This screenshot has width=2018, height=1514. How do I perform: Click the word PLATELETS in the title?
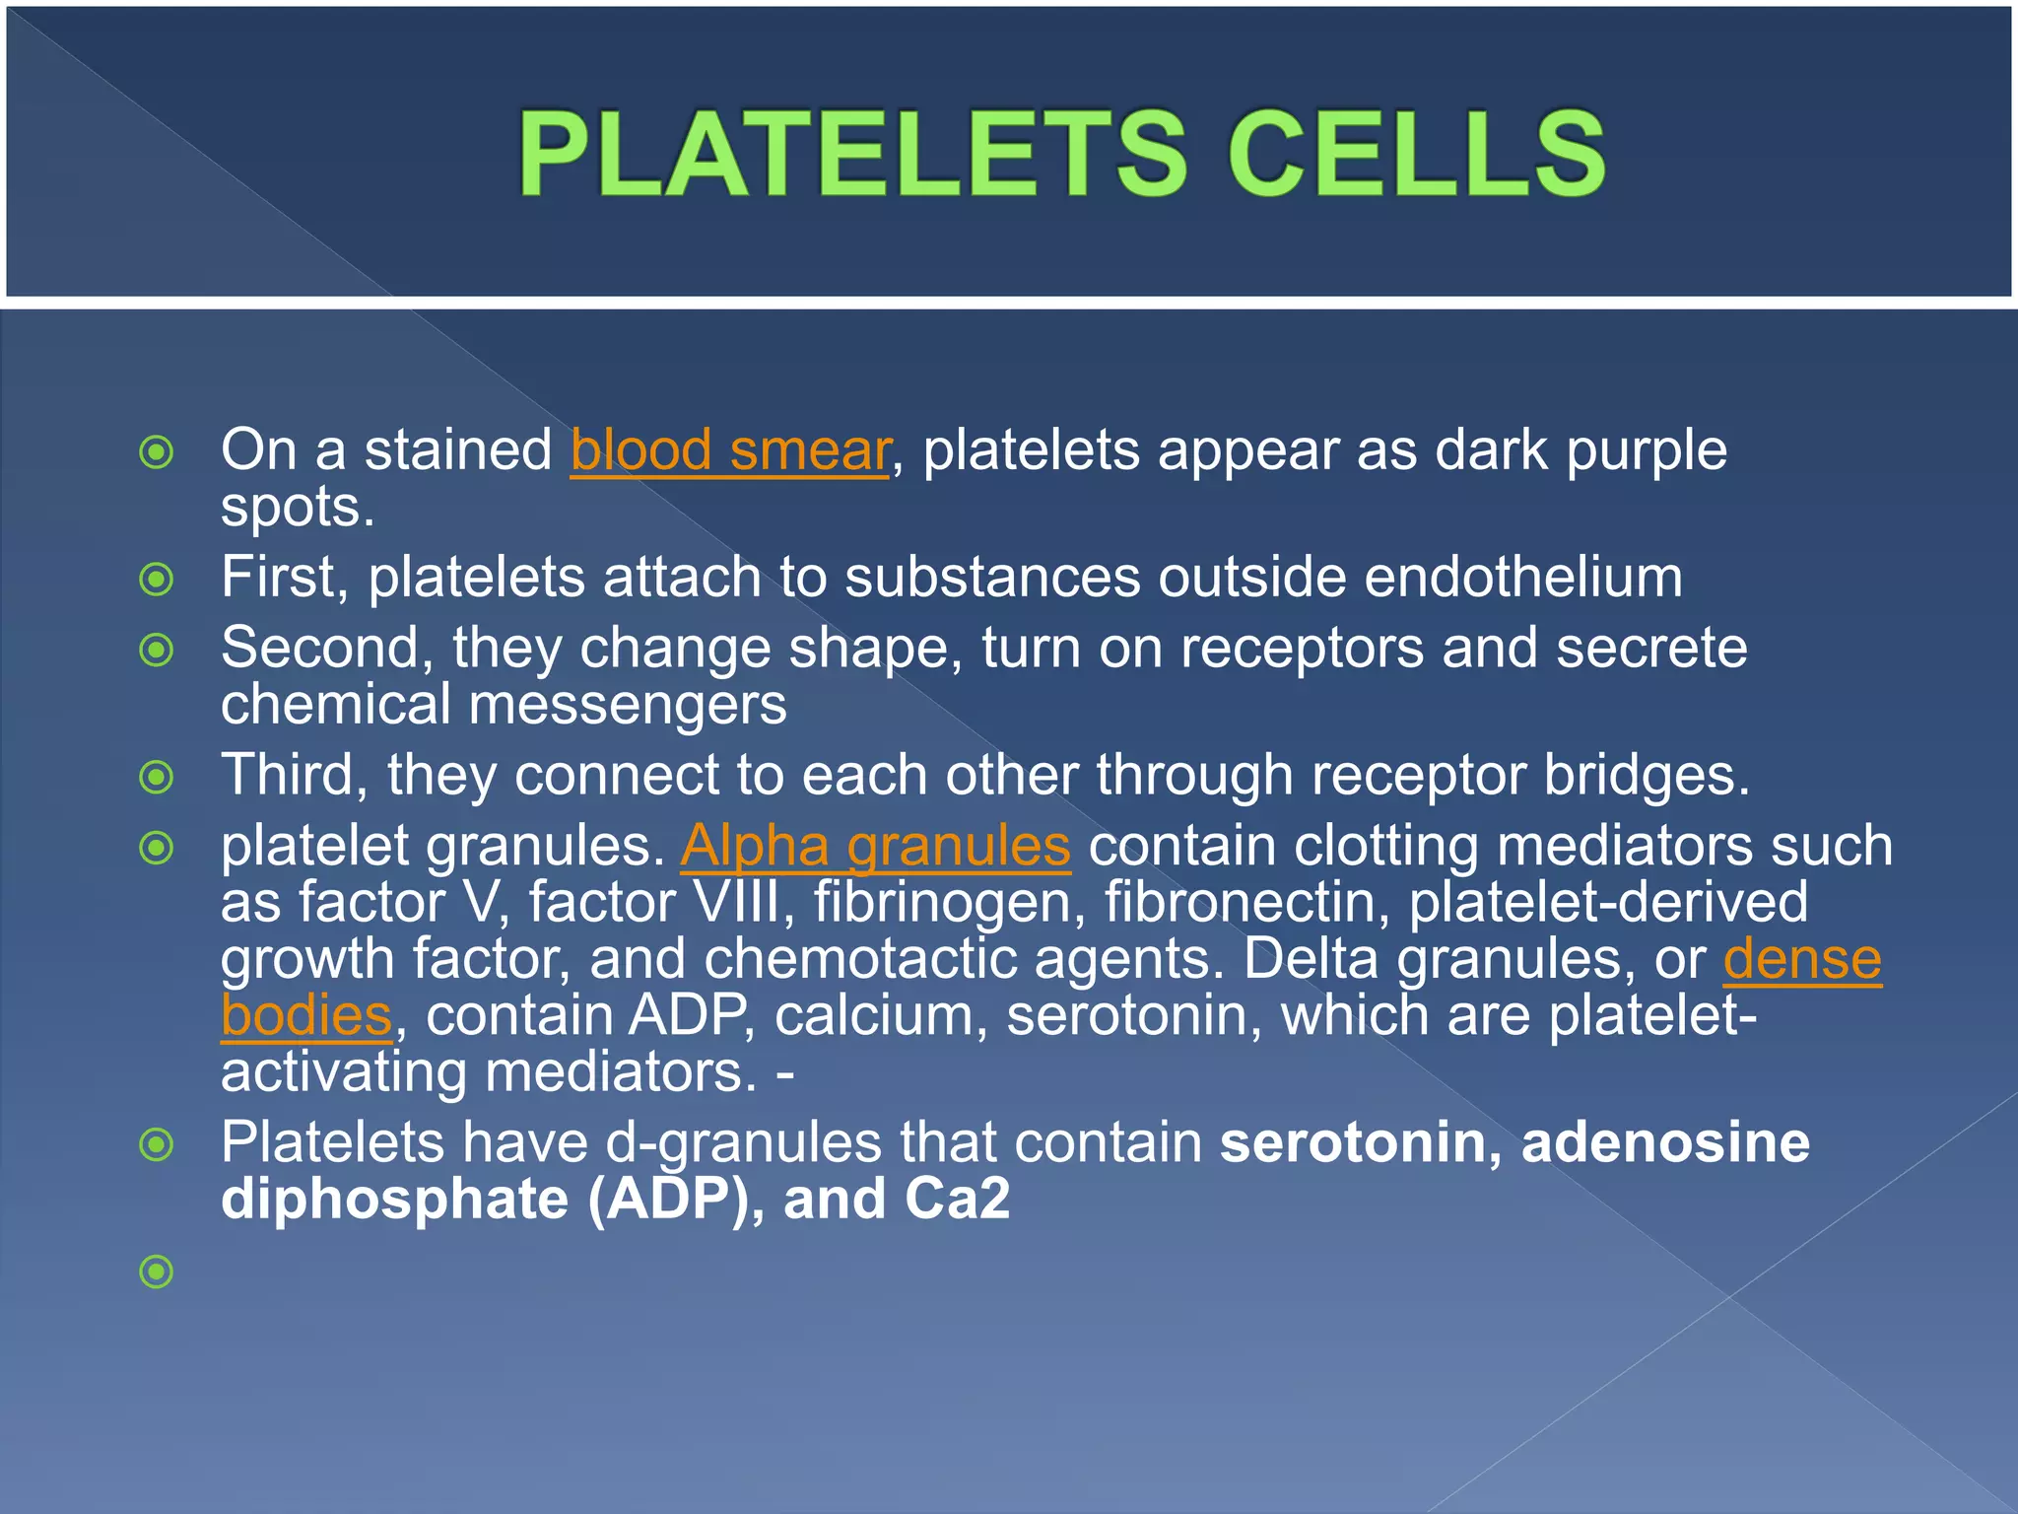click(853, 154)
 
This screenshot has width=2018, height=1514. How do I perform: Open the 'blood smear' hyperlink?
click(730, 450)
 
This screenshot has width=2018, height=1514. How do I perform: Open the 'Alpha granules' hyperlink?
click(875, 846)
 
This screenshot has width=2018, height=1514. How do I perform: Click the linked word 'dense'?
click(1802, 958)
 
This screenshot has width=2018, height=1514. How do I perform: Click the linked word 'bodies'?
click(306, 1015)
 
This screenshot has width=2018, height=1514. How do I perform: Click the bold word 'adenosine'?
click(1665, 1142)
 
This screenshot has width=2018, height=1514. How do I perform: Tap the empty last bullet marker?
click(157, 1272)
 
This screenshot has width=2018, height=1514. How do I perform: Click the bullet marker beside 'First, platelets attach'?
click(157, 579)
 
